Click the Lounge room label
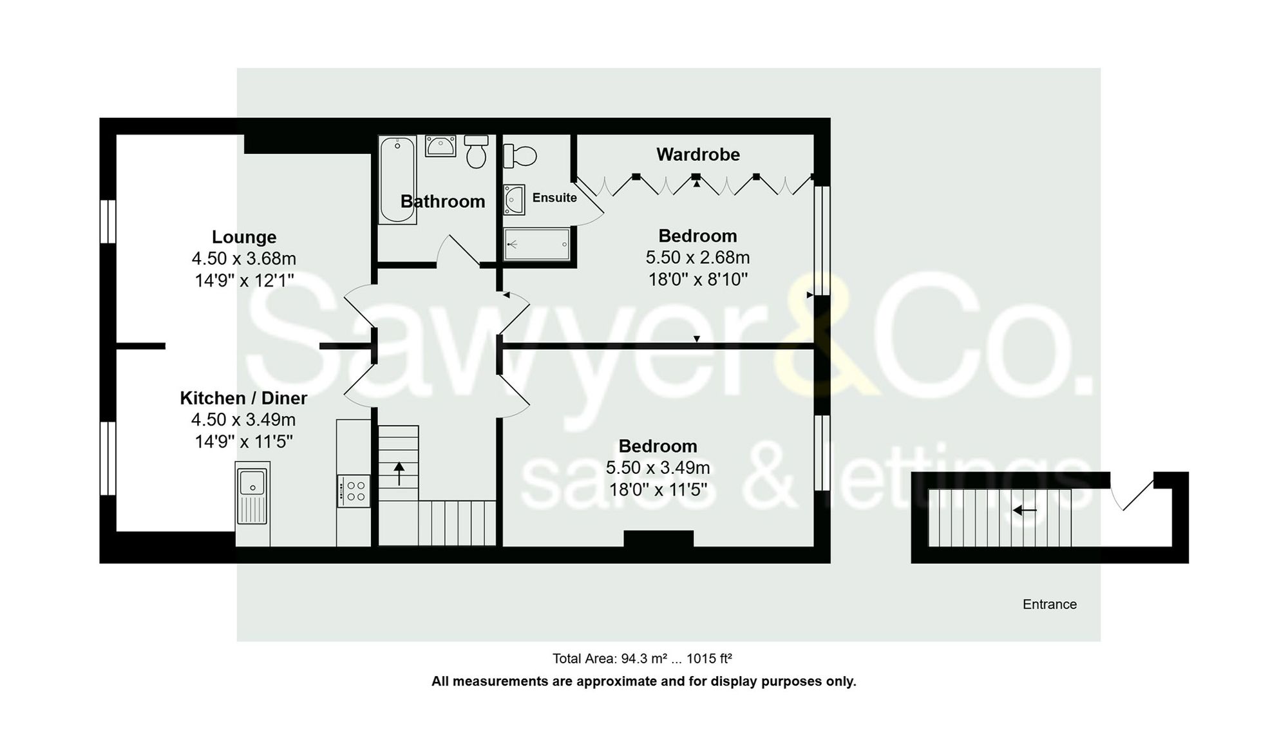pos(244,237)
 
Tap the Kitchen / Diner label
pos(243,398)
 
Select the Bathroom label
pos(442,202)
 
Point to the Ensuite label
pos(554,198)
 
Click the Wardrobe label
pos(698,155)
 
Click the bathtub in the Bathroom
pos(397,180)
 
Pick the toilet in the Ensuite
pos(520,156)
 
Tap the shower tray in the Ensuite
pos(536,244)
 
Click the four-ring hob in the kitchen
pos(354,491)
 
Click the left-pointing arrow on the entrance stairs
pos(1024,511)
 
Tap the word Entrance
pos(1049,604)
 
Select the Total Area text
pos(642,659)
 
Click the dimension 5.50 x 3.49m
pos(658,467)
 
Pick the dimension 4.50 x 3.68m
pos(243,258)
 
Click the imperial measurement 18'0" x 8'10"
pos(697,279)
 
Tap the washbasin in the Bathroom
pos(440,146)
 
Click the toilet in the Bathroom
pos(476,152)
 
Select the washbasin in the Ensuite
pos(514,200)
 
